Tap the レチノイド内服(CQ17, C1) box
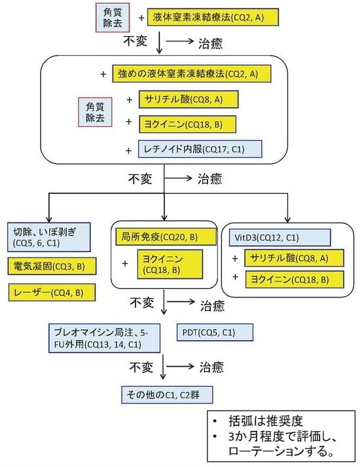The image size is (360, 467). pos(200,149)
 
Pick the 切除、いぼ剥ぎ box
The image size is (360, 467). pos(50,237)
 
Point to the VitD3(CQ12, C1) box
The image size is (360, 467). pos(279,236)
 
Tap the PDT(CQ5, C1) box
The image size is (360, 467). pos(214,332)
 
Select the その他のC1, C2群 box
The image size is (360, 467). pos(166,395)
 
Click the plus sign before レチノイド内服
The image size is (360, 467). pos(128,150)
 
